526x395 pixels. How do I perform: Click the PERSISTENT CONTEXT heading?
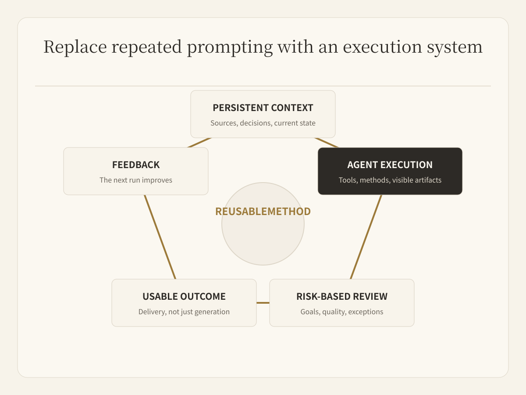click(x=263, y=108)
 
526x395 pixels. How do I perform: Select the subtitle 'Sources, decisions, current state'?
click(x=263, y=123)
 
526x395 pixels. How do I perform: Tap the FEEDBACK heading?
click(x=136, y=165)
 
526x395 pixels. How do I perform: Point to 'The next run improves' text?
click(x=136, y=180)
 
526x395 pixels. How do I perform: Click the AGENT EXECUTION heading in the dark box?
click(x=390, y=165)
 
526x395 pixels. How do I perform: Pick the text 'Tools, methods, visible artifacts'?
click(x=390, y=180)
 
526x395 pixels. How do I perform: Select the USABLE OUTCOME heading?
click(x=184, y=297)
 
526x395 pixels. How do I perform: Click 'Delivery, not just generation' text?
click(x=184, y=312)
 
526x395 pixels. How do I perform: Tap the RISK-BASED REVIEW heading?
click(x=342, y=297)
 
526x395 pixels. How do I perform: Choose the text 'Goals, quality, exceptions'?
click(x=342, y=312)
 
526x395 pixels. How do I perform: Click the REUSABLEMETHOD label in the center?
click(x=263, y=212)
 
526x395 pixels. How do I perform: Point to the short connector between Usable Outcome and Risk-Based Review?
click(x=263, y=303)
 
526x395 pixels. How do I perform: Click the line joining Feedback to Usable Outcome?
click(x=160, y=237)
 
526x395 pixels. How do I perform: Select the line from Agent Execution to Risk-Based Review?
click(x=366, y=237)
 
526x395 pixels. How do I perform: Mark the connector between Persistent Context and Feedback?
click(x=199, y=143)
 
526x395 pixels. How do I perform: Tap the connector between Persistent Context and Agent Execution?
click(x=327, y=143)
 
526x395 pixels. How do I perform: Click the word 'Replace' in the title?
click(x=75, y=47)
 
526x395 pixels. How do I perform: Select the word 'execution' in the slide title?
click(x=383, y=47)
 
